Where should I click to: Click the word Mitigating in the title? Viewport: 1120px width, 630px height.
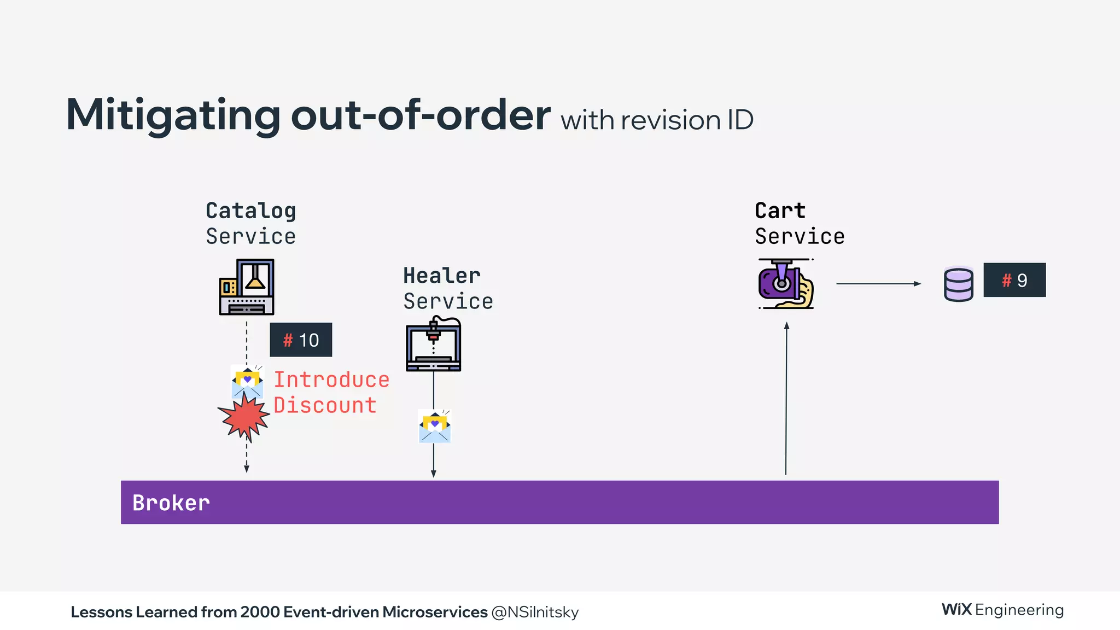173,115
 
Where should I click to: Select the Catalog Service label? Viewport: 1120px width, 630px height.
251,223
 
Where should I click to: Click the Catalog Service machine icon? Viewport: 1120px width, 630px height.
247,287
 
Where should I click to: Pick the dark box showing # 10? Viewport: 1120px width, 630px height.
301,340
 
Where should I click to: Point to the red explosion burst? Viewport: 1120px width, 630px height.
244,417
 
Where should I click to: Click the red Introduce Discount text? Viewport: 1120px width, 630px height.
331,392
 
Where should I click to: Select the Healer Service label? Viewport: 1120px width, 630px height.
447,288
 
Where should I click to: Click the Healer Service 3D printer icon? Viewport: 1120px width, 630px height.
434,345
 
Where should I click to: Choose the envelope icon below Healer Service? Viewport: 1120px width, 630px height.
434,427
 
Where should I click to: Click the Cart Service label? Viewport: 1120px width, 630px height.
799,223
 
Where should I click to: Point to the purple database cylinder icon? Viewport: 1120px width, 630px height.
958,284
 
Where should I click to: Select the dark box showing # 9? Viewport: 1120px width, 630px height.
1014,280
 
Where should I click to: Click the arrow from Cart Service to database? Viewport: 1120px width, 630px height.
878,284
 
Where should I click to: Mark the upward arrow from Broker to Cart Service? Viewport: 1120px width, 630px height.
786,399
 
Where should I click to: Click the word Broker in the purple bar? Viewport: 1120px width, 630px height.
171,503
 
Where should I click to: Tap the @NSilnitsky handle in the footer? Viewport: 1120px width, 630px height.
535,612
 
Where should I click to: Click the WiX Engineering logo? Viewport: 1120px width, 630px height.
1002,610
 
